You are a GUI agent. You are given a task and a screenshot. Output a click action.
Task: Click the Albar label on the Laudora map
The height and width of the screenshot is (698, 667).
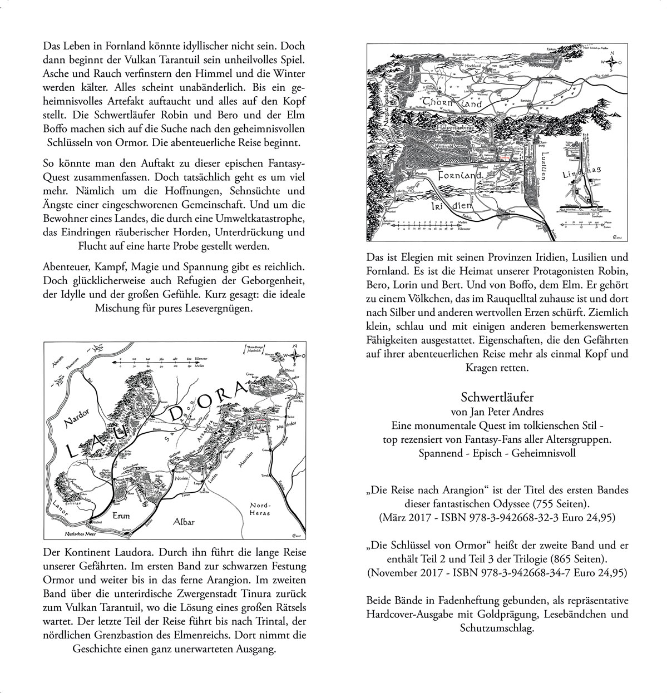point(184,522)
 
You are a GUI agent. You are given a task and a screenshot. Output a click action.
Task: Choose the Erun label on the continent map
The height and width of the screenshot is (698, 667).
point(121,516)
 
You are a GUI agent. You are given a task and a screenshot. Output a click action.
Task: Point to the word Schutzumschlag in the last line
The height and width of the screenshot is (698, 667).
point(497,628)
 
